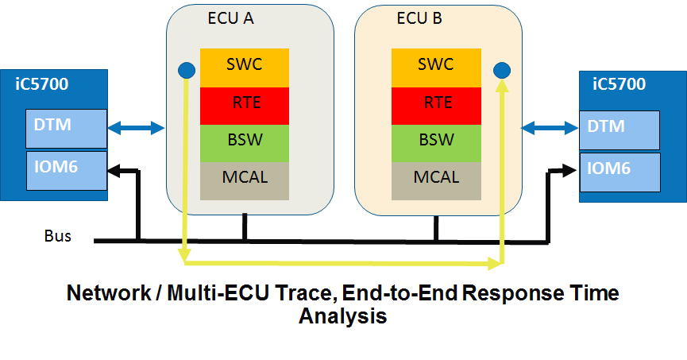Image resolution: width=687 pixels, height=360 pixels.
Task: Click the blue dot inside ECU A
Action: click(x=185, y=71)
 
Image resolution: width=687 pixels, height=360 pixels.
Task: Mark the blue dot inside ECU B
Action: click(x=501, y=71)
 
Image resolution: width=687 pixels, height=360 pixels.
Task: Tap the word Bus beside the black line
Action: click(x=57, y=236)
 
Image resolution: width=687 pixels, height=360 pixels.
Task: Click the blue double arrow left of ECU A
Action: click(x=137, y=126)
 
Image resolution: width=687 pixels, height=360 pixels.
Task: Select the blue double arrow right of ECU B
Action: click(x=550, y=126)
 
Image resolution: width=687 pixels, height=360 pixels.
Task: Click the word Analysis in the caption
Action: click(x=342, y=316)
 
